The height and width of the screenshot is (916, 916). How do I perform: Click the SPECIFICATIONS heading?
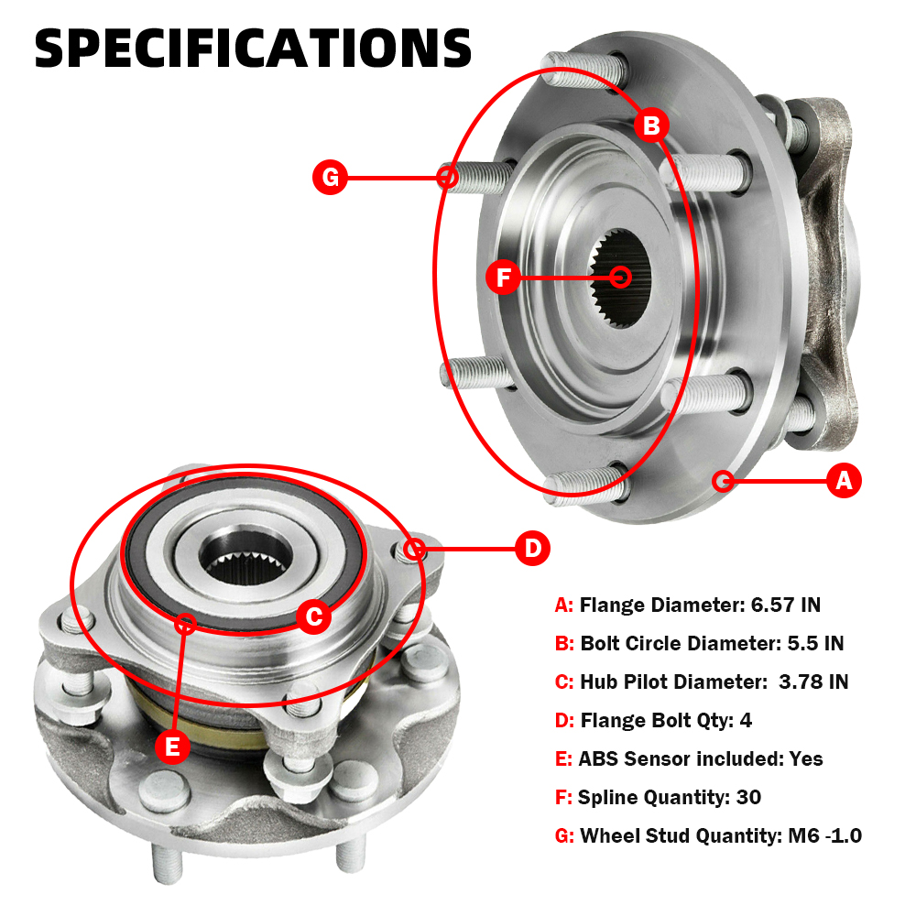tap(253, 49)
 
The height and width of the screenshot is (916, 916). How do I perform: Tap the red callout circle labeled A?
tap(844, 481)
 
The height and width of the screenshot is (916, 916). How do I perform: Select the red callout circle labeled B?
tap(651, 125)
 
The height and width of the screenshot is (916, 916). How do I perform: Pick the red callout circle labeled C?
tap(313, 616)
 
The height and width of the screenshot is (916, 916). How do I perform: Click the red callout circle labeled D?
tap(532, 549)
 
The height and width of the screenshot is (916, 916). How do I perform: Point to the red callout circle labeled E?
tap(172, 747)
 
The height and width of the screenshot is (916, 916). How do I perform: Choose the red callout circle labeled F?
tap(503, 277)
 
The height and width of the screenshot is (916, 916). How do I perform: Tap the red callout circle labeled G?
tap(330, 177)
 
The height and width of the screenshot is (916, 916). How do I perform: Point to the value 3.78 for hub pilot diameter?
tap(801, 682)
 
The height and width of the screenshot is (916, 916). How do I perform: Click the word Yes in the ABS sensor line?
tap(806, 758)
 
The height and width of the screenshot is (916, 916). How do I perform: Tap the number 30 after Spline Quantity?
tap(749, 797)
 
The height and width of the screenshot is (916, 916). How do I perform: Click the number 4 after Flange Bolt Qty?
tap(746, 720)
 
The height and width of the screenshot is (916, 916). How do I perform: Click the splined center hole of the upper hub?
tap(619, 278)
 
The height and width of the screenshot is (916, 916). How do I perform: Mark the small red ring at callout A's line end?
tap(724, 481)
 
